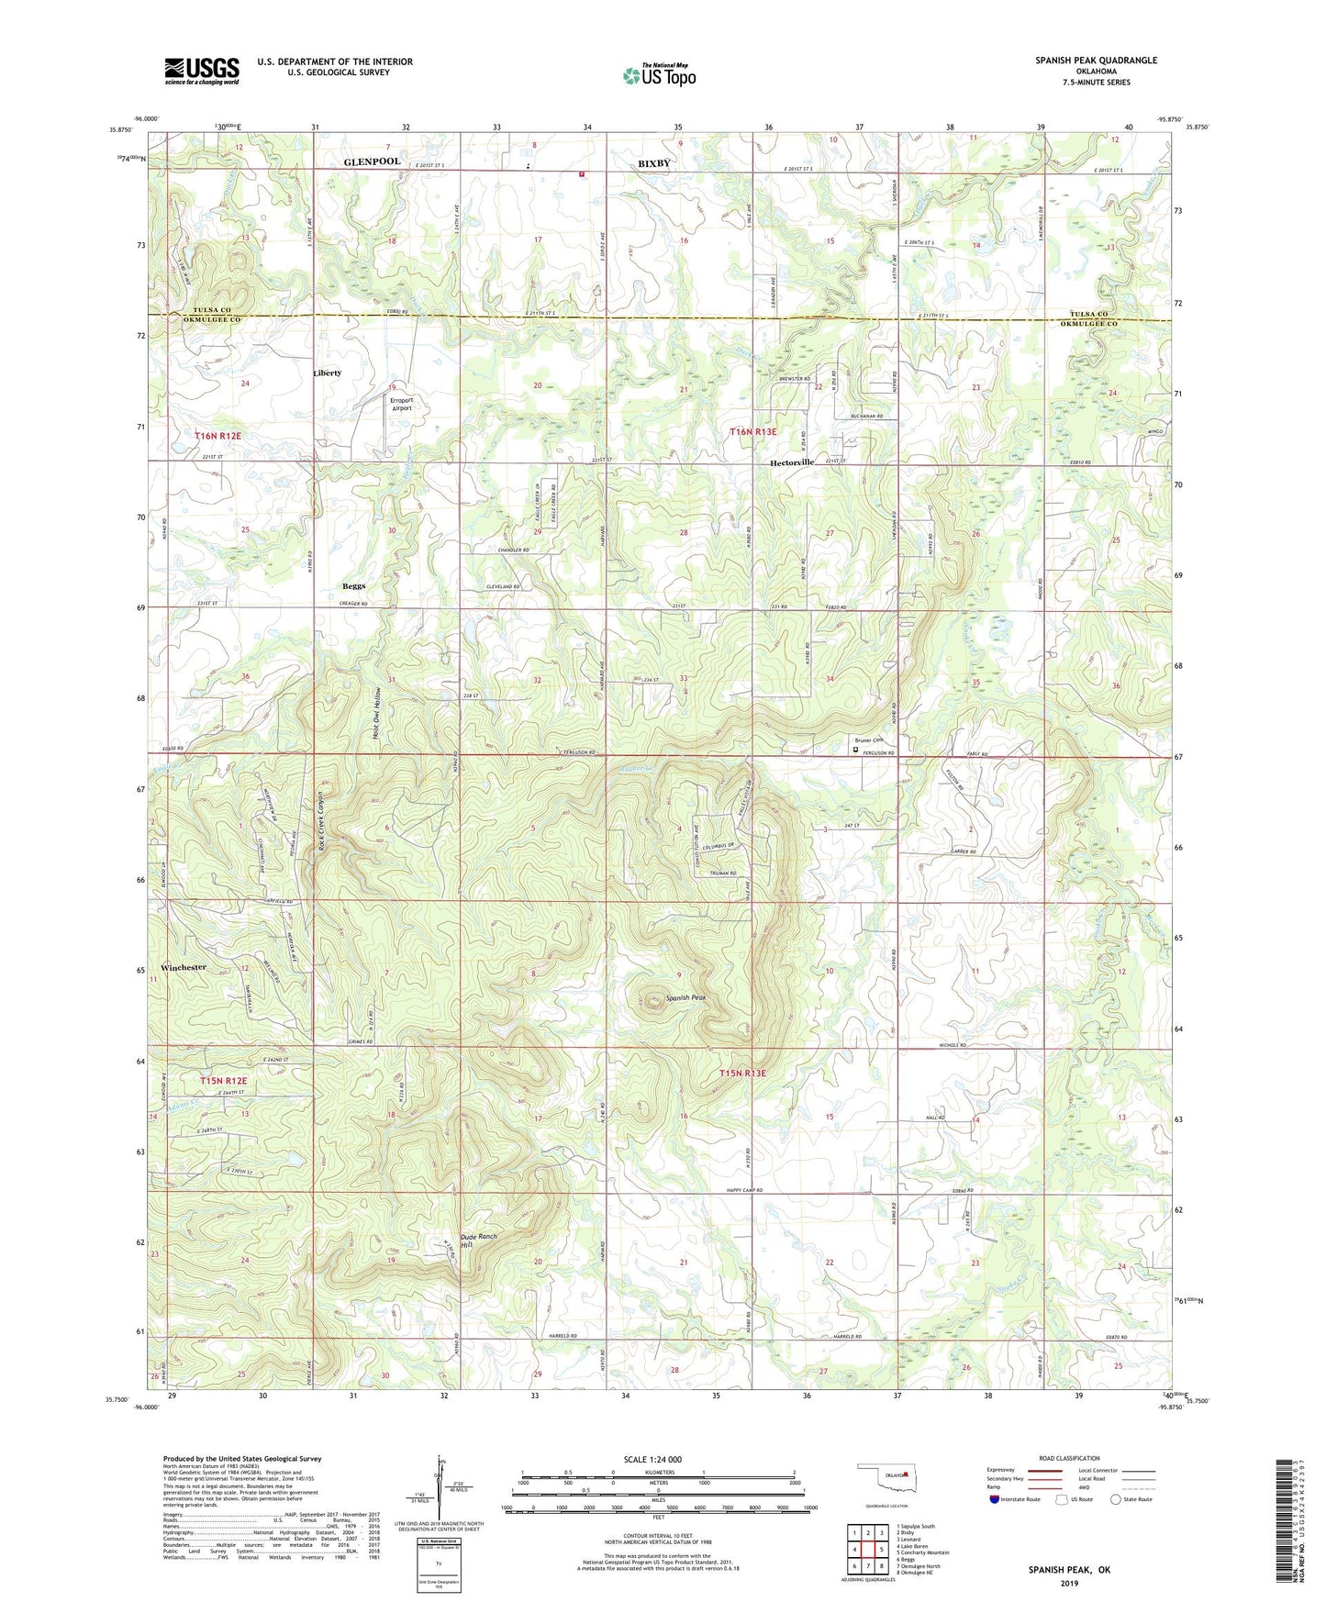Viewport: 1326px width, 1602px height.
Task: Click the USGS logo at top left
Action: pyautogui.click(x=202, y=71)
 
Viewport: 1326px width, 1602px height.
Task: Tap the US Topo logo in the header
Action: pyautogui.click(x=659, y=74)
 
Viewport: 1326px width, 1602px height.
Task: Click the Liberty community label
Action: pyautogui.click(x=327, y=373)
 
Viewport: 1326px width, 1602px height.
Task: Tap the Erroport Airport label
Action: pyautogui.click(x=402, y=404)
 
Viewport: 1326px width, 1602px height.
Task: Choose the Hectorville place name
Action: pyautogui.click(x=791, y=463)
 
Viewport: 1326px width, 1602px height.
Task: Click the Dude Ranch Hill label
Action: pyautogui.click(x=478, y=1240)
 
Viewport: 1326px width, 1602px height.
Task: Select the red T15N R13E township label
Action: pyautogui.click(x=741, y=1073)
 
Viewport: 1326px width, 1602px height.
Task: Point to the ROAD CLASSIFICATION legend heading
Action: pyautogui.click(x=1070, y=1458)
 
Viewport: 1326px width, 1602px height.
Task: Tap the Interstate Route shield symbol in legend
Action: pyautogui.click(x=995, y=1500)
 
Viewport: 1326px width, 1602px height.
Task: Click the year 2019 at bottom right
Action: pyautogui.click(x=1069, y=1583)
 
